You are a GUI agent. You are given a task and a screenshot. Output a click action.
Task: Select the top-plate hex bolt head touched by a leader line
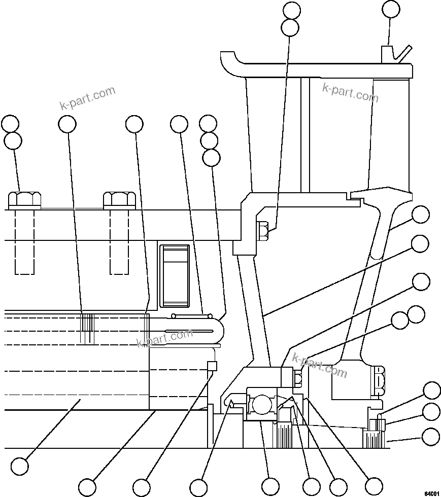(25, 199)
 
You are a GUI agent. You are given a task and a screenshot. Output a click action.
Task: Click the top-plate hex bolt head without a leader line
(119, 199)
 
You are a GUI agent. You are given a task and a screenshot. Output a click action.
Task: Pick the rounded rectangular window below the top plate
(175, 276)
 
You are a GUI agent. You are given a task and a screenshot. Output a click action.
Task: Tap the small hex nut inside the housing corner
(263, 231)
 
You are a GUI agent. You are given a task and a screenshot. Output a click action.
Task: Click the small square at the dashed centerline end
(212, 366)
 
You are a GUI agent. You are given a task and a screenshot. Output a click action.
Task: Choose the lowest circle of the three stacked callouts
(211, 157)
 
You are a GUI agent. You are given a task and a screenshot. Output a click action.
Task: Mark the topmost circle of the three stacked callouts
(208, 123)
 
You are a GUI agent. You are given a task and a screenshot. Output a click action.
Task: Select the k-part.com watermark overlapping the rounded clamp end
(165, 338)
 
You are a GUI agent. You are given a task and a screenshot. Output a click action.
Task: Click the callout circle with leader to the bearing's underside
(270, 485)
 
